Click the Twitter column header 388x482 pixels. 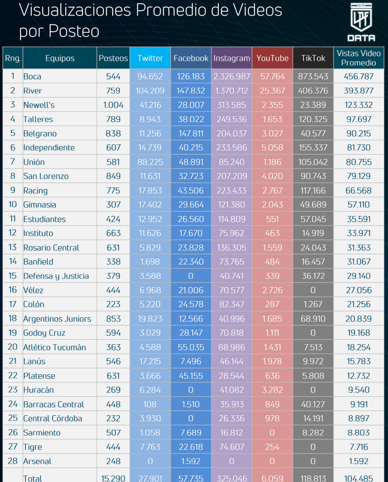(150, 58)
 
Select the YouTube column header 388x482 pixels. (272, 58)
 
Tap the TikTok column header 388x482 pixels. (313, 58)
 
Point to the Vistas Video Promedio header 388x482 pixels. (359, 58)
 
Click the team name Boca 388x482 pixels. (32, 77)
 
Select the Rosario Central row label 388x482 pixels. (51, 248)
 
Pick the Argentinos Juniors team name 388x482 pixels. (57, 319)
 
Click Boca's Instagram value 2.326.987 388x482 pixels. (232, 77)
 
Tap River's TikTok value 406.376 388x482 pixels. (313, 91)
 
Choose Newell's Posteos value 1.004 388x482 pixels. (113, 105)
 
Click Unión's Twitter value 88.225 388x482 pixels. (150, 162)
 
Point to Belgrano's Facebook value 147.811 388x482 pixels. (191, 133)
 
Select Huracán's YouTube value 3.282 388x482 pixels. (272, 390)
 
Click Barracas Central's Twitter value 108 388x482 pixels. (150, 404)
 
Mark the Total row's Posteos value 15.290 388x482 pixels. (113, 478)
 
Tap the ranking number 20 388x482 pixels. (13, 347)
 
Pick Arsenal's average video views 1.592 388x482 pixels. (359, 461)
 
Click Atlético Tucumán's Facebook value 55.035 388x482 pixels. (191, 347)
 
